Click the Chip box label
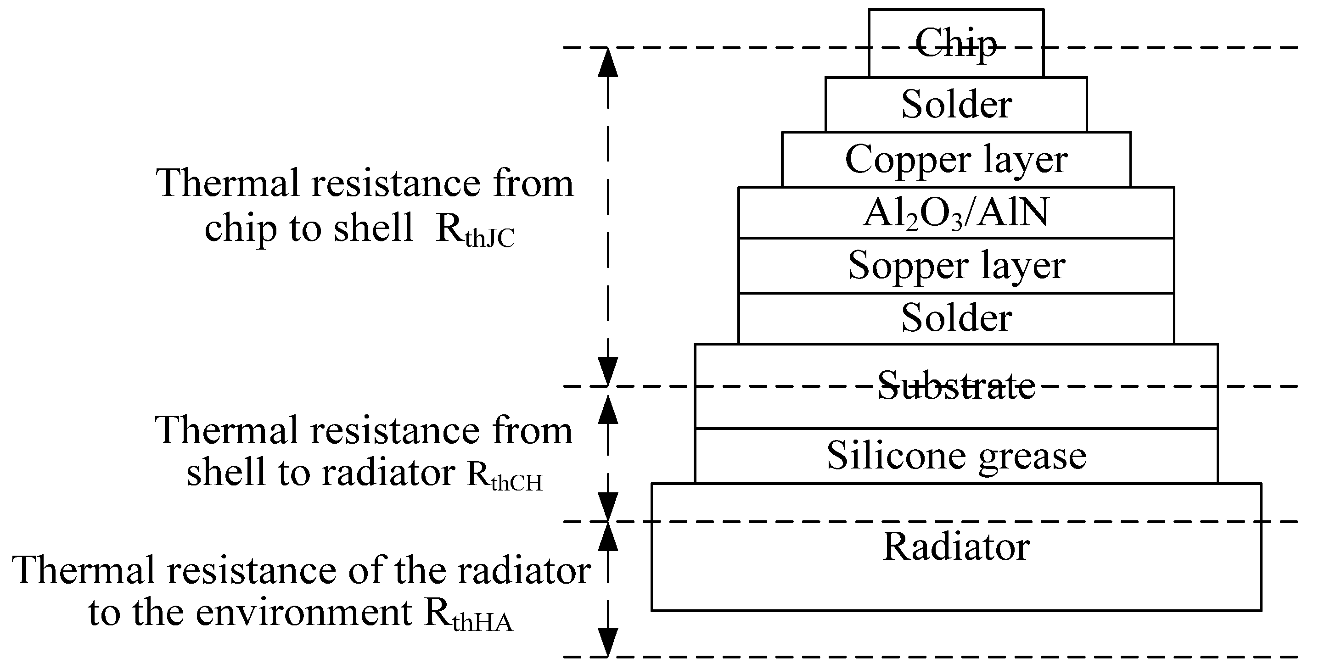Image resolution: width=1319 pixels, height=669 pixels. [956, 44]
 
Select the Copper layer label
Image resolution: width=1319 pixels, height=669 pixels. [956, 160]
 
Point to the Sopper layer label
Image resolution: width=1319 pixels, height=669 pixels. [956, 266]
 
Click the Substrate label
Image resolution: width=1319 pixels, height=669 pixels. [956, 385]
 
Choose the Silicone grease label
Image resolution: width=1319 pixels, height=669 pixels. [956, 456]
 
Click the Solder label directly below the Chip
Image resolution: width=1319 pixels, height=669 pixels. [956, 105]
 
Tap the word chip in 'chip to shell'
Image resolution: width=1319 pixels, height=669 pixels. [241, 229]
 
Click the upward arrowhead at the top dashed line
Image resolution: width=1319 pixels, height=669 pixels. [608, 62]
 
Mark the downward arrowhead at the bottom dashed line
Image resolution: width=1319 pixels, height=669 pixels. [608, 642]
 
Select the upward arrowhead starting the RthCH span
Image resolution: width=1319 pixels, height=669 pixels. [608, 409]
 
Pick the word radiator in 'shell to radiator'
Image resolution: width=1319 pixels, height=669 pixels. [388, 473]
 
